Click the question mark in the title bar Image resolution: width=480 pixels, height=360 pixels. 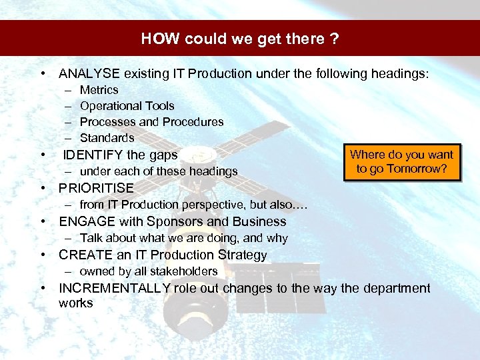[x=333, y=39]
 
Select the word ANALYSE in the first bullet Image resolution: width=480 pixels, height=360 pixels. [x=88, y=74]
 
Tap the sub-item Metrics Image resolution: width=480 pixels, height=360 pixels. [x=99, y=90]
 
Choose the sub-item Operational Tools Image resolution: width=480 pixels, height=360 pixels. [x=127, y=106]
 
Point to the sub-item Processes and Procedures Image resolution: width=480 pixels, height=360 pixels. [x=151, y=122]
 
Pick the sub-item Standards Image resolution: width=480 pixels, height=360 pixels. [x=107, y=138]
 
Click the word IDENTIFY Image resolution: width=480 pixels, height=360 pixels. [x=92, y=155]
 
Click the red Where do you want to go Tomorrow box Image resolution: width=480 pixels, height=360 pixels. [x=401, y=161]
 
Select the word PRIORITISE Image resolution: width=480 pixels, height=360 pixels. [x=96, y=188]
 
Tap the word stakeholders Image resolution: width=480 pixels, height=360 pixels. [x=182, y=271]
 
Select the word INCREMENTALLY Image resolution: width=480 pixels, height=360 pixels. [x=114, y=288]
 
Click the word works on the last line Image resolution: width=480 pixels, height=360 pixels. [x=75, y=303]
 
